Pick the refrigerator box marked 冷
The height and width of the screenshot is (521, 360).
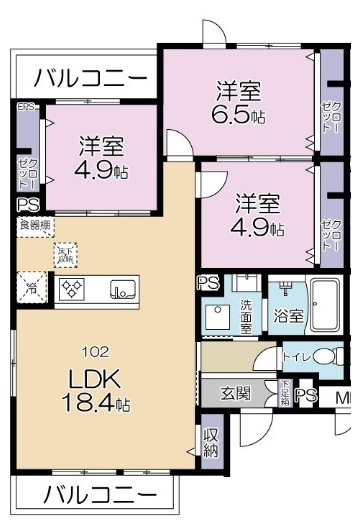click(29, 288)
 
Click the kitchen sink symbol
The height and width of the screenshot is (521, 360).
click(123, 290)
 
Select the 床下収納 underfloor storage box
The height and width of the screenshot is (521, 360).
click(66, 254)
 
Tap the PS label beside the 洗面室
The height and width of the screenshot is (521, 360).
click(209, 283)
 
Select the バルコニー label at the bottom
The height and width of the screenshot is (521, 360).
click(101, 495)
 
